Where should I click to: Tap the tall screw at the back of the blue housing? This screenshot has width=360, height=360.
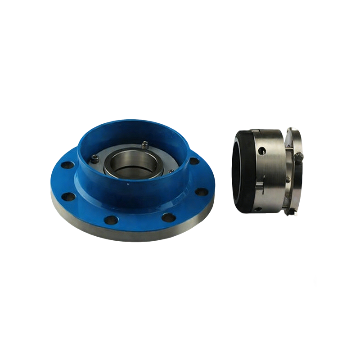[144, 144]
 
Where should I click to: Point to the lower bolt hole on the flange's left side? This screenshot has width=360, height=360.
[68, 196]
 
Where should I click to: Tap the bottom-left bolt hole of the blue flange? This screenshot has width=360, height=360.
[111, 220]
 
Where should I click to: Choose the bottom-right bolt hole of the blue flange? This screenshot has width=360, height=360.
[169, 218]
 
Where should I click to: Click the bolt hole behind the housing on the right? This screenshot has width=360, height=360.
[193, 161]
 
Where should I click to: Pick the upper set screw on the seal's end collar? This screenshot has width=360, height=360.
[299, 155]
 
